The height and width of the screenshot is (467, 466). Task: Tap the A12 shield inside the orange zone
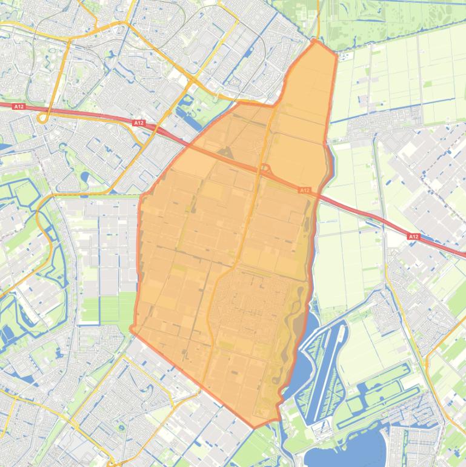point(304,190)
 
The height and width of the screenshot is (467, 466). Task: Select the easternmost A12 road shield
point(414,237)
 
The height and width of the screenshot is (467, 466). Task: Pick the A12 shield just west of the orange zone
point(139,123)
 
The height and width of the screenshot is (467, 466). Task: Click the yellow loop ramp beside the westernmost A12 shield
point(42,118)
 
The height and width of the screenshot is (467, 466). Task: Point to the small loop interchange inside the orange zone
point(265,168)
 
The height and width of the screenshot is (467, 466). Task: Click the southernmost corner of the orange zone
point(255,427)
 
